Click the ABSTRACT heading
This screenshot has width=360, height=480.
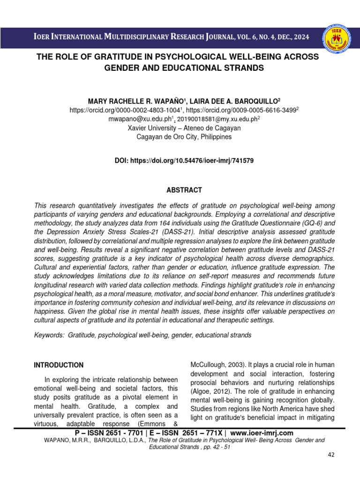(x=184, y=190)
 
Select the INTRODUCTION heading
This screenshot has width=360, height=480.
(x=59, y=365)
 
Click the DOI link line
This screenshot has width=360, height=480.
(x=184, y=160)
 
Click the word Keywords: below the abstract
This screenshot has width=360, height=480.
(x=50, y=335)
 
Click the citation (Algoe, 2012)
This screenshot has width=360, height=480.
(x=212, y=392)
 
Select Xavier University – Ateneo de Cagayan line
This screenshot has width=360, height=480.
(x=184, y=128)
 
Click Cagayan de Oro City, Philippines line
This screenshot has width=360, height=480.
(x=184, y=137)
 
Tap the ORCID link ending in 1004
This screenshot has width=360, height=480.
(x=124, y=110)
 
